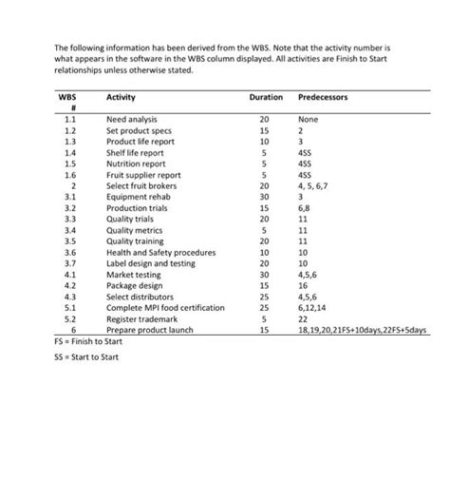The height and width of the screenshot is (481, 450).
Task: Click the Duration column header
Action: [x=265, y=98]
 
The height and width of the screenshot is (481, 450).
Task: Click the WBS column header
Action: [x=68, y=98]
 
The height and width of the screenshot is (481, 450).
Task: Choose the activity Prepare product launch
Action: [x=151, y=329]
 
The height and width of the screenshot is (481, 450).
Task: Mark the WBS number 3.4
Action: [x=69, y=230]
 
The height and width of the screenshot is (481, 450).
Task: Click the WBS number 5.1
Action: [x=69, y=307]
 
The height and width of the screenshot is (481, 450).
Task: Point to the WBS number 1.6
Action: [x=69, y=175]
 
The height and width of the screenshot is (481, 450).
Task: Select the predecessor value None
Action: [x=309, y=120]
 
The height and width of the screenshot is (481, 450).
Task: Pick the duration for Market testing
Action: [x=265, y=274]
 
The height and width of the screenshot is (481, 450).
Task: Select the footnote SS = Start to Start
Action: [x=86, y=357]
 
